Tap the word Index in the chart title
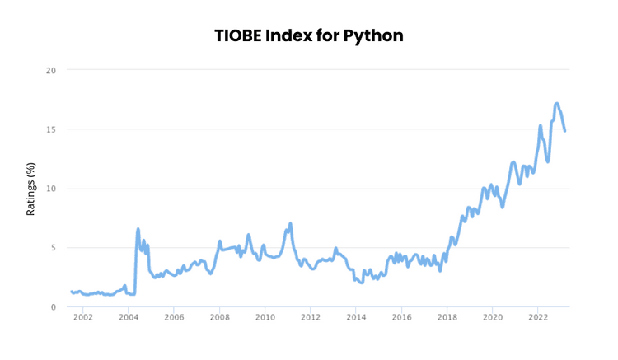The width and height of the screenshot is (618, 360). pyautogui.click(x=302, y=36)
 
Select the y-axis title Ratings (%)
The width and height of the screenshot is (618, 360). pyautogui.click(x=31, y=189)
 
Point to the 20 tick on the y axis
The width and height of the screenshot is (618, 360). pyautogui.click(x=50, y=70)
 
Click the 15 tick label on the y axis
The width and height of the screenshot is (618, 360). pyautogui.click(x=50, y=129)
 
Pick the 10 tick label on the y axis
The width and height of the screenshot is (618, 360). pyautogui.click(x=50, y=189)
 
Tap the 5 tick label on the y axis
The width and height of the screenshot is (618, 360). pyautogui.click(x=53, y=248)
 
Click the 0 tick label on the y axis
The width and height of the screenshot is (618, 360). pyautogui.click(x=53, y=307)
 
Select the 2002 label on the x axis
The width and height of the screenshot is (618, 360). pyautogui.click(x=83, y=317)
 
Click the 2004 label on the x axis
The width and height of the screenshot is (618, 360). pyautogui.click(x=129, y=317)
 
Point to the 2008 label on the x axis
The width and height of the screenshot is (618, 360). pyautogui.click(x=220, y=317)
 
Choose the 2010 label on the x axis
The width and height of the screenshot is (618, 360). pyautogui.click(x=265, y=317)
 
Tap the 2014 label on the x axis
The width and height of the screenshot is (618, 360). pyautogui.click(x=356, y=317)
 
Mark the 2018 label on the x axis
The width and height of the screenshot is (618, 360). pyautogui.click(x=447, y=317)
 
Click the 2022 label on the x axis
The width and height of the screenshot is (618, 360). pyautogui.click(x=538, y=317)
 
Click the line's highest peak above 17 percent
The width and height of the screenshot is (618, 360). pyautogui.click(x=557, y=104)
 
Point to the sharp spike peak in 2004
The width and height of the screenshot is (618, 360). pyautogui.click(x=138, y=229)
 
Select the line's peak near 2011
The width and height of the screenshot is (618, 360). pyautogui.click(x=290, y=223)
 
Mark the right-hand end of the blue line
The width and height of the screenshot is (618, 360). pyautogui.click(x=565, y=130)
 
